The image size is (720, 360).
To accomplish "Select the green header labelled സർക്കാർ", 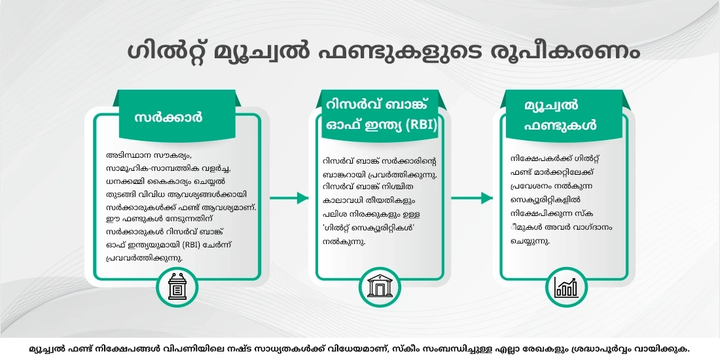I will point(168,118).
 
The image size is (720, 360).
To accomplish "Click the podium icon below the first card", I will point(177,286).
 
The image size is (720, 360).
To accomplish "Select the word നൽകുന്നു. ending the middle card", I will point(343,242).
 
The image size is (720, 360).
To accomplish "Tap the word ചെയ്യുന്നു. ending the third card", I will point(530,240).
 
